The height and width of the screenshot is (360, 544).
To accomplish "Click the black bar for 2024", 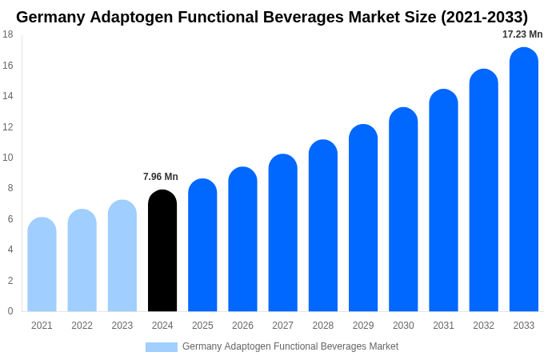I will coord(162,251).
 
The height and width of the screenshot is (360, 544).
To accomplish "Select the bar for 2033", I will coord(523,180).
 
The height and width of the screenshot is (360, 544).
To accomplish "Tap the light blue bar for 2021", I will coord(42,265).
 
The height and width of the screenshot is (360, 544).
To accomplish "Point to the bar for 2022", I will coord(82,261).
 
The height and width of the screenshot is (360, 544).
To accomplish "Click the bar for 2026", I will coord(242,240).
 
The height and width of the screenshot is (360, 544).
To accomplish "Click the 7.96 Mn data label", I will coord(161,177).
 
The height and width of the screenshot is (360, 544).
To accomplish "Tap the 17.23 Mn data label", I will coord(522,34).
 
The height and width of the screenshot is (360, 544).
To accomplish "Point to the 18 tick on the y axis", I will coord(8,34).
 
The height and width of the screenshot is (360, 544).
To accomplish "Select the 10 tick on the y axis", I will coord(8,158).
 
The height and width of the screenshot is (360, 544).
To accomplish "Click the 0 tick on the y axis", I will coord(10,311).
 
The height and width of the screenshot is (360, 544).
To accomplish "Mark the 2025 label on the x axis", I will coord(202,326).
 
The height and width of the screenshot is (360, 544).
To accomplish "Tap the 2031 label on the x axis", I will coord(443,326).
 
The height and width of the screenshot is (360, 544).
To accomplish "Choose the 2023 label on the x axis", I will coord(122,326).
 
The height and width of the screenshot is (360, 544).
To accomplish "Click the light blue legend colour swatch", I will coord(161,347).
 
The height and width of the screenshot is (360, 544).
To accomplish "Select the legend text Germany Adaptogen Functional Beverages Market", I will coord(290,346).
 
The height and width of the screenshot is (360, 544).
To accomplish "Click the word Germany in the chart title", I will coord(50,17).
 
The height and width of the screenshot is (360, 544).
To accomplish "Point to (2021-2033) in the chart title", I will coord(484,17).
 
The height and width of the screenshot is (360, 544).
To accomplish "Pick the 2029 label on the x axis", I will coord(363,326).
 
